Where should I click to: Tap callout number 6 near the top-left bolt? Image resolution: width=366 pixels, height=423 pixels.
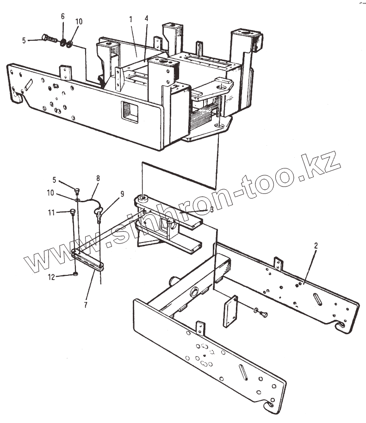tap(63, 17)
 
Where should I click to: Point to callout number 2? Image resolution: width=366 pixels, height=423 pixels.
tap(316, 246)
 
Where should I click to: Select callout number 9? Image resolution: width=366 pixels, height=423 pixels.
tap(122, 194)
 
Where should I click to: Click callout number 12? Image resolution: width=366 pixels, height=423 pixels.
tap(52, 277)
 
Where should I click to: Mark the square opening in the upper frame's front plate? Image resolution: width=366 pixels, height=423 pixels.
tap(131, 112)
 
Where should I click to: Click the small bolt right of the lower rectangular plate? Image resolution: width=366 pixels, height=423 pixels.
tap(261, 313)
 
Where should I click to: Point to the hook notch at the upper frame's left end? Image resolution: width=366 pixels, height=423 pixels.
tap(19, 97)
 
